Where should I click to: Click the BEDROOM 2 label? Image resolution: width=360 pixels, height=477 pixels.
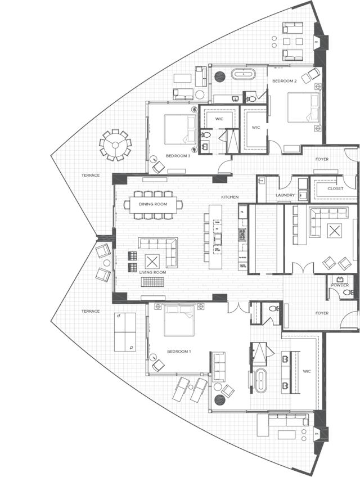[x=285, y=81]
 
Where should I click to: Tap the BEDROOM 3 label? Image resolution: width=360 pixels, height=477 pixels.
[x=178, y=156]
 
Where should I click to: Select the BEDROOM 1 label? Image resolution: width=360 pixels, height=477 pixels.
[x=179, y=352]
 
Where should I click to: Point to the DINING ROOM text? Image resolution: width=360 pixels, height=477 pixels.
[x=153, y=203]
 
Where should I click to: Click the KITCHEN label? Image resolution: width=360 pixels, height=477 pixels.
[x=230, y=197]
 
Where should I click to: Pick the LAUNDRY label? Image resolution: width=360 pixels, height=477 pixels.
[x=285, y=195]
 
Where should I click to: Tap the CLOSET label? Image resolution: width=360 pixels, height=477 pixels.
[x=335, y=189]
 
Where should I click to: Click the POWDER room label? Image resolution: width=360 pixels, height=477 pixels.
[x=340, y=285]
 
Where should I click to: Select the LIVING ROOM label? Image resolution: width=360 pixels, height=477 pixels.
[x=153, y=272]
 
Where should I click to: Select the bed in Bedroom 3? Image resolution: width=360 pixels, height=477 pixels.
[x=178, y=128]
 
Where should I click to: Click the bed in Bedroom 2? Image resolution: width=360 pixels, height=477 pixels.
[x=303, y=107]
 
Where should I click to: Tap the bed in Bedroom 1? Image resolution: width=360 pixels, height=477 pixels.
[x=179, y=319]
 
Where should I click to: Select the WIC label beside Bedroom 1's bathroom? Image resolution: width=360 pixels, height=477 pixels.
[x=307, y=372]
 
